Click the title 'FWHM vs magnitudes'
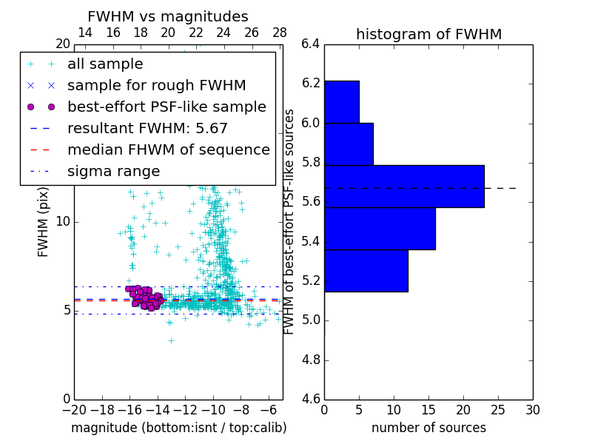(x=168, y=16)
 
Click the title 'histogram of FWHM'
(x=428, y=34)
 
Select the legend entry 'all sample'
(x=105, y=64)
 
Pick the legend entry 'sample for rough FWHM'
(x=156, y=86)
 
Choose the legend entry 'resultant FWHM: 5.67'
(x=147, y=129)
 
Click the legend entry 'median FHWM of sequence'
(x=168, y=150)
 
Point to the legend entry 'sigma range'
(x=113, y=172)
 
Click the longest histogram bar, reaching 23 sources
(x=404, y=186)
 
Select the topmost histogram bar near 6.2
(x=342, y=101)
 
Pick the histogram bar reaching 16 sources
(x=380, y=229)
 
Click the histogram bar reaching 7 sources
(x=349, y=144)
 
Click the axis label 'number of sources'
(x=428, y=428)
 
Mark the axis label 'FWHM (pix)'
(x=44, y=221)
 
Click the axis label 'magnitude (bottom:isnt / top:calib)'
(x=178, y=428)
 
